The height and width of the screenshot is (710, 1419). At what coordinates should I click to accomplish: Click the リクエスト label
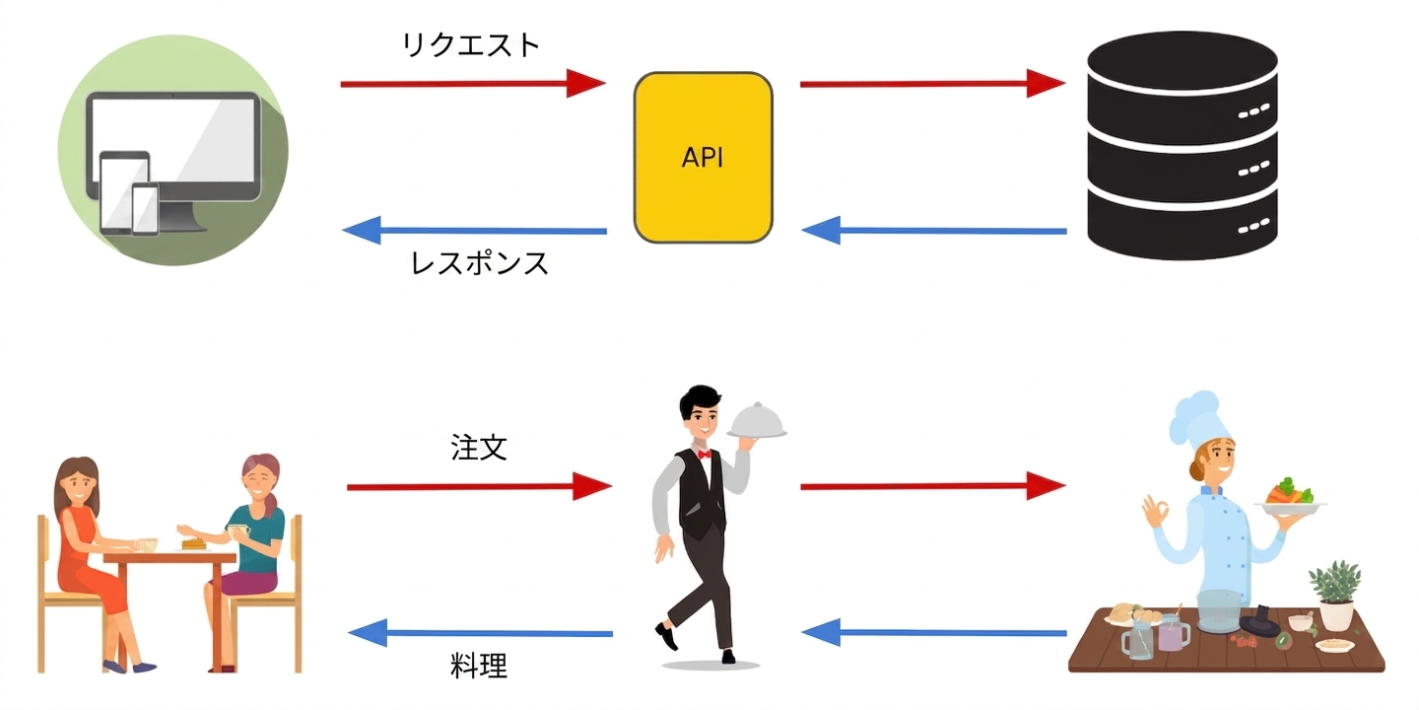[x=471, y=45]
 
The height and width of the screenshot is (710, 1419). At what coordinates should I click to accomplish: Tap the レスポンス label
[x=480, y=262]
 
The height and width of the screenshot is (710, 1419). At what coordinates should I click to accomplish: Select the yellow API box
[x=704, y=157]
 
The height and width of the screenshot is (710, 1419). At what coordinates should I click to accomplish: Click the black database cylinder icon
[x=1182, y=145]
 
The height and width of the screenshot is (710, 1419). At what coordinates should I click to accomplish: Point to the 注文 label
[x=479, y=448]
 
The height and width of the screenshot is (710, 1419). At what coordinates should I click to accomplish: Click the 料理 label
[x=479, y=666]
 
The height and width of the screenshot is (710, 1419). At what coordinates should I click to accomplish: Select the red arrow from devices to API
[x=473, y=83]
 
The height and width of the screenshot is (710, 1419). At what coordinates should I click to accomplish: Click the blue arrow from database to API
[x=934, y=230]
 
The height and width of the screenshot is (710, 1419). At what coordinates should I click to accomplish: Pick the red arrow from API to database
[x=933, y=83]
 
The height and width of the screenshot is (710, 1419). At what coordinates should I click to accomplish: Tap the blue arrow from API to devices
[x=475, y=230]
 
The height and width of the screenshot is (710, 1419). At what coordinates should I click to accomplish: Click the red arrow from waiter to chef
[x=933, y=486]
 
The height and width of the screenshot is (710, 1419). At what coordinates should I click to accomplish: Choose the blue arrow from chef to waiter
[x=934, y=632]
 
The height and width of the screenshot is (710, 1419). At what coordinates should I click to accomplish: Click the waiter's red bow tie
[x=704, y=454]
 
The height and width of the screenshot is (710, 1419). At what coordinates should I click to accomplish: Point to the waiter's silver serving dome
[x=757, y=421]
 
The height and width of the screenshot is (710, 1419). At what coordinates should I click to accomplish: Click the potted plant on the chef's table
[x=1335, y=595]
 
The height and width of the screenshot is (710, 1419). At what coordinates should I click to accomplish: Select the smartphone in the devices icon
[x=145, y=209]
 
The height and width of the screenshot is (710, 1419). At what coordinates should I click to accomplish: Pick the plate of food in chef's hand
[x=1290, y=496]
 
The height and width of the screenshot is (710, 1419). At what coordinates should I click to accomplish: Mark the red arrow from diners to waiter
[x=480, y=486]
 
